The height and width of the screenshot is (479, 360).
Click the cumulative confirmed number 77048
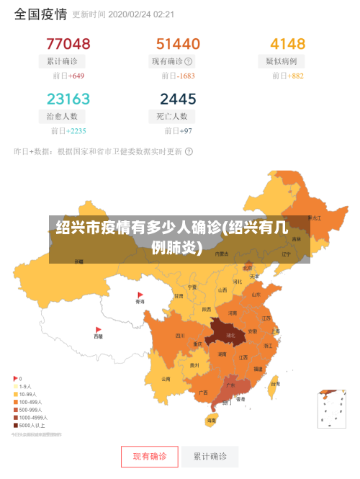pyautogui.click(x=68, y=44)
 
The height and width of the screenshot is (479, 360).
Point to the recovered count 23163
pyautogui.click(x=68, y=99)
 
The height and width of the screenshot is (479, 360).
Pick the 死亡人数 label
pyautogui.click(x=172, y=116)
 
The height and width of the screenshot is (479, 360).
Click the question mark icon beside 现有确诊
pyautogui.click(x=189, y=61)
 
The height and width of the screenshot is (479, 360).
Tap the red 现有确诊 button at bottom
pyautogui.click(x=149, y=456)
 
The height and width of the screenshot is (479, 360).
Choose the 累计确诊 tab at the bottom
pyautogui.click(x=210, y=456)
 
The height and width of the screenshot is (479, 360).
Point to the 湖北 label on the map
pyautogui.click(x=231, y=335)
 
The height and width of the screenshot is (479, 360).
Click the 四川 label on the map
pyautogui.click(x=180, y=335)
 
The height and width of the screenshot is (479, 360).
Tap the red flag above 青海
pyautogui.click(x=140, y=295)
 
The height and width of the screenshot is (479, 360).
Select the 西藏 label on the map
pyautogui.click(x=99, y=336)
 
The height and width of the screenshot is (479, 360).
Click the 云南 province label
pyautogui.click(x=166, y=379)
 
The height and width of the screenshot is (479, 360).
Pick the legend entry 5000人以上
pyautogui.click(x=34, y=425)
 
